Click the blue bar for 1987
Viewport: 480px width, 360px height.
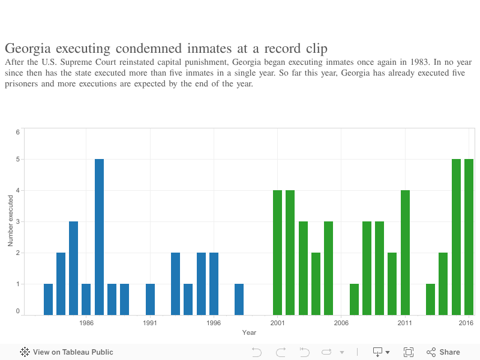99,236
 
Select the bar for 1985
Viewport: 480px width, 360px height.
73,268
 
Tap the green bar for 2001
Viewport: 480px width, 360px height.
277,252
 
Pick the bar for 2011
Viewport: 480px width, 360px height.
405,252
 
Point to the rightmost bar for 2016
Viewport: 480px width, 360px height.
469,236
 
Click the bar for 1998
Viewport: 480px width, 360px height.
239,299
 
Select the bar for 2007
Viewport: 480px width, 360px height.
354,299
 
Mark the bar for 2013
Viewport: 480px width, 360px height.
430,299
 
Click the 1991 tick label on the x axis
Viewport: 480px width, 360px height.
150,322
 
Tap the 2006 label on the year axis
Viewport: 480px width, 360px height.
341,322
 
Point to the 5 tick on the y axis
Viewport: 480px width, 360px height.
18,160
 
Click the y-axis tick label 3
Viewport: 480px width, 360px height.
18,222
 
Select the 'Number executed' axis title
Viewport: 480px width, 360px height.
10,221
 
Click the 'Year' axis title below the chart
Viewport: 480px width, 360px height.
249,332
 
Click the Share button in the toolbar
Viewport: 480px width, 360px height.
443,352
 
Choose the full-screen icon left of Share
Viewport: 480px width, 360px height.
409,352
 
